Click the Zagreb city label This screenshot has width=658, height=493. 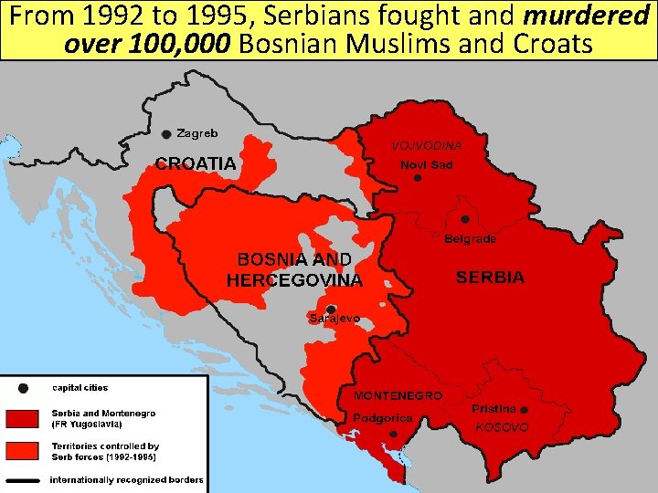(197, 133)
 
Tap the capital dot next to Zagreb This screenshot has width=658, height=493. (166, 134)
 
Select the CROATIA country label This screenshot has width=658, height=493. (195, 164)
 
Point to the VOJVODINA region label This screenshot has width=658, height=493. (427, 145)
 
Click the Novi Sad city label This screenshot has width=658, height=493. (426, 165)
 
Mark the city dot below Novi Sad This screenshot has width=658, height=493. (418, 179)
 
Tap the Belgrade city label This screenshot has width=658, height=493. (470, 239)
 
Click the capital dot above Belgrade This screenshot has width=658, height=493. (464, 219)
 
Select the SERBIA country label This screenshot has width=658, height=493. (490, 277)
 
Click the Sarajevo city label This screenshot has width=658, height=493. (334, 319)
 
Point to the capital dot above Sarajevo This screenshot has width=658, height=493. (331, 309)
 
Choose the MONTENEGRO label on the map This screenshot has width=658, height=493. (398, 396)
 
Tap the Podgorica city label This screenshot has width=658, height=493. (384, 418)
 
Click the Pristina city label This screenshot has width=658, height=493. (494, 409)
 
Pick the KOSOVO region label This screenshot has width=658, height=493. (503, 426)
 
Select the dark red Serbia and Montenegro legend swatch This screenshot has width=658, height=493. (23, 418)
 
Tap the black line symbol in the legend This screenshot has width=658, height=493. (23, 479)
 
